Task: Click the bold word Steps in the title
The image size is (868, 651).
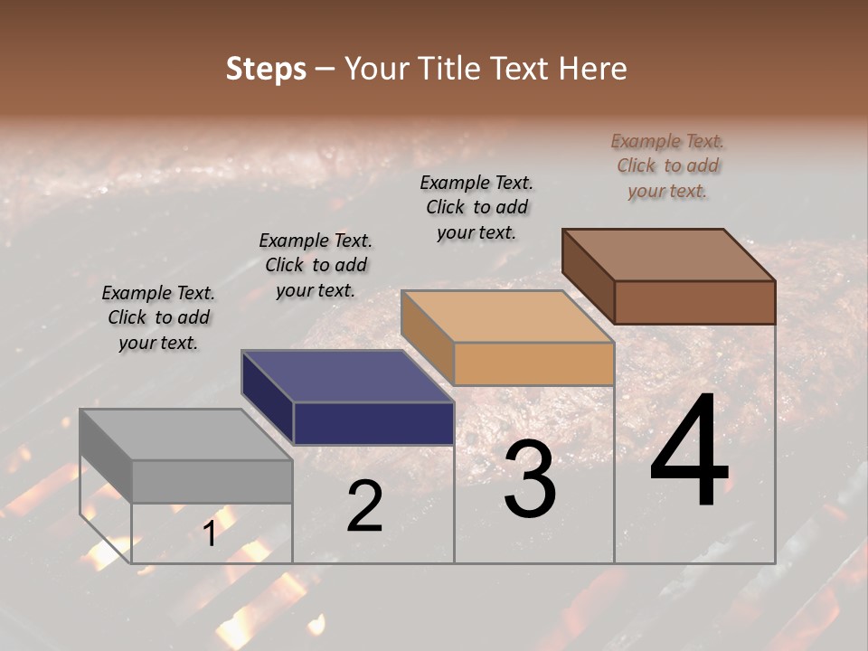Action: (x=266, y=69)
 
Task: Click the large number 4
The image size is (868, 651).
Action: (x=689, y=451)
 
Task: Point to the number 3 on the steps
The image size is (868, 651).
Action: (x=529, y=479)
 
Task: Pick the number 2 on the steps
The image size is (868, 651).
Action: (x=364, y=506)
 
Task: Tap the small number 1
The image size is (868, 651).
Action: (x=210, y=533)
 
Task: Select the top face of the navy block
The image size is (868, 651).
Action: (x=347, y=376)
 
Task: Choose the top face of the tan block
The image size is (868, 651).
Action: (x=507, y=316)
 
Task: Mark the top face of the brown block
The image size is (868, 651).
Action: (x=669, y=255)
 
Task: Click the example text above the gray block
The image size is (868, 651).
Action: (x=158, y=317)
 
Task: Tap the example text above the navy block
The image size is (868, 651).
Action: (x=316, y=265)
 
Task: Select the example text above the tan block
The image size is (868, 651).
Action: (x=476, y=207)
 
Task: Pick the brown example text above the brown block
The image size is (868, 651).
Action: (x=667, y=165)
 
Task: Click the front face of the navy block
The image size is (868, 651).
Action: (x=373, y=423)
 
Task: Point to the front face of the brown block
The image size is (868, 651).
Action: (x=694, y=302)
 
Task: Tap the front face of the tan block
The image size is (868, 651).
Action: (x=533, y=364)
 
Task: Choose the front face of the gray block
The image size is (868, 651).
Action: (x=212, y=481)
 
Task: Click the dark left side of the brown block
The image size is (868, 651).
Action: (x=588, y=275)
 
